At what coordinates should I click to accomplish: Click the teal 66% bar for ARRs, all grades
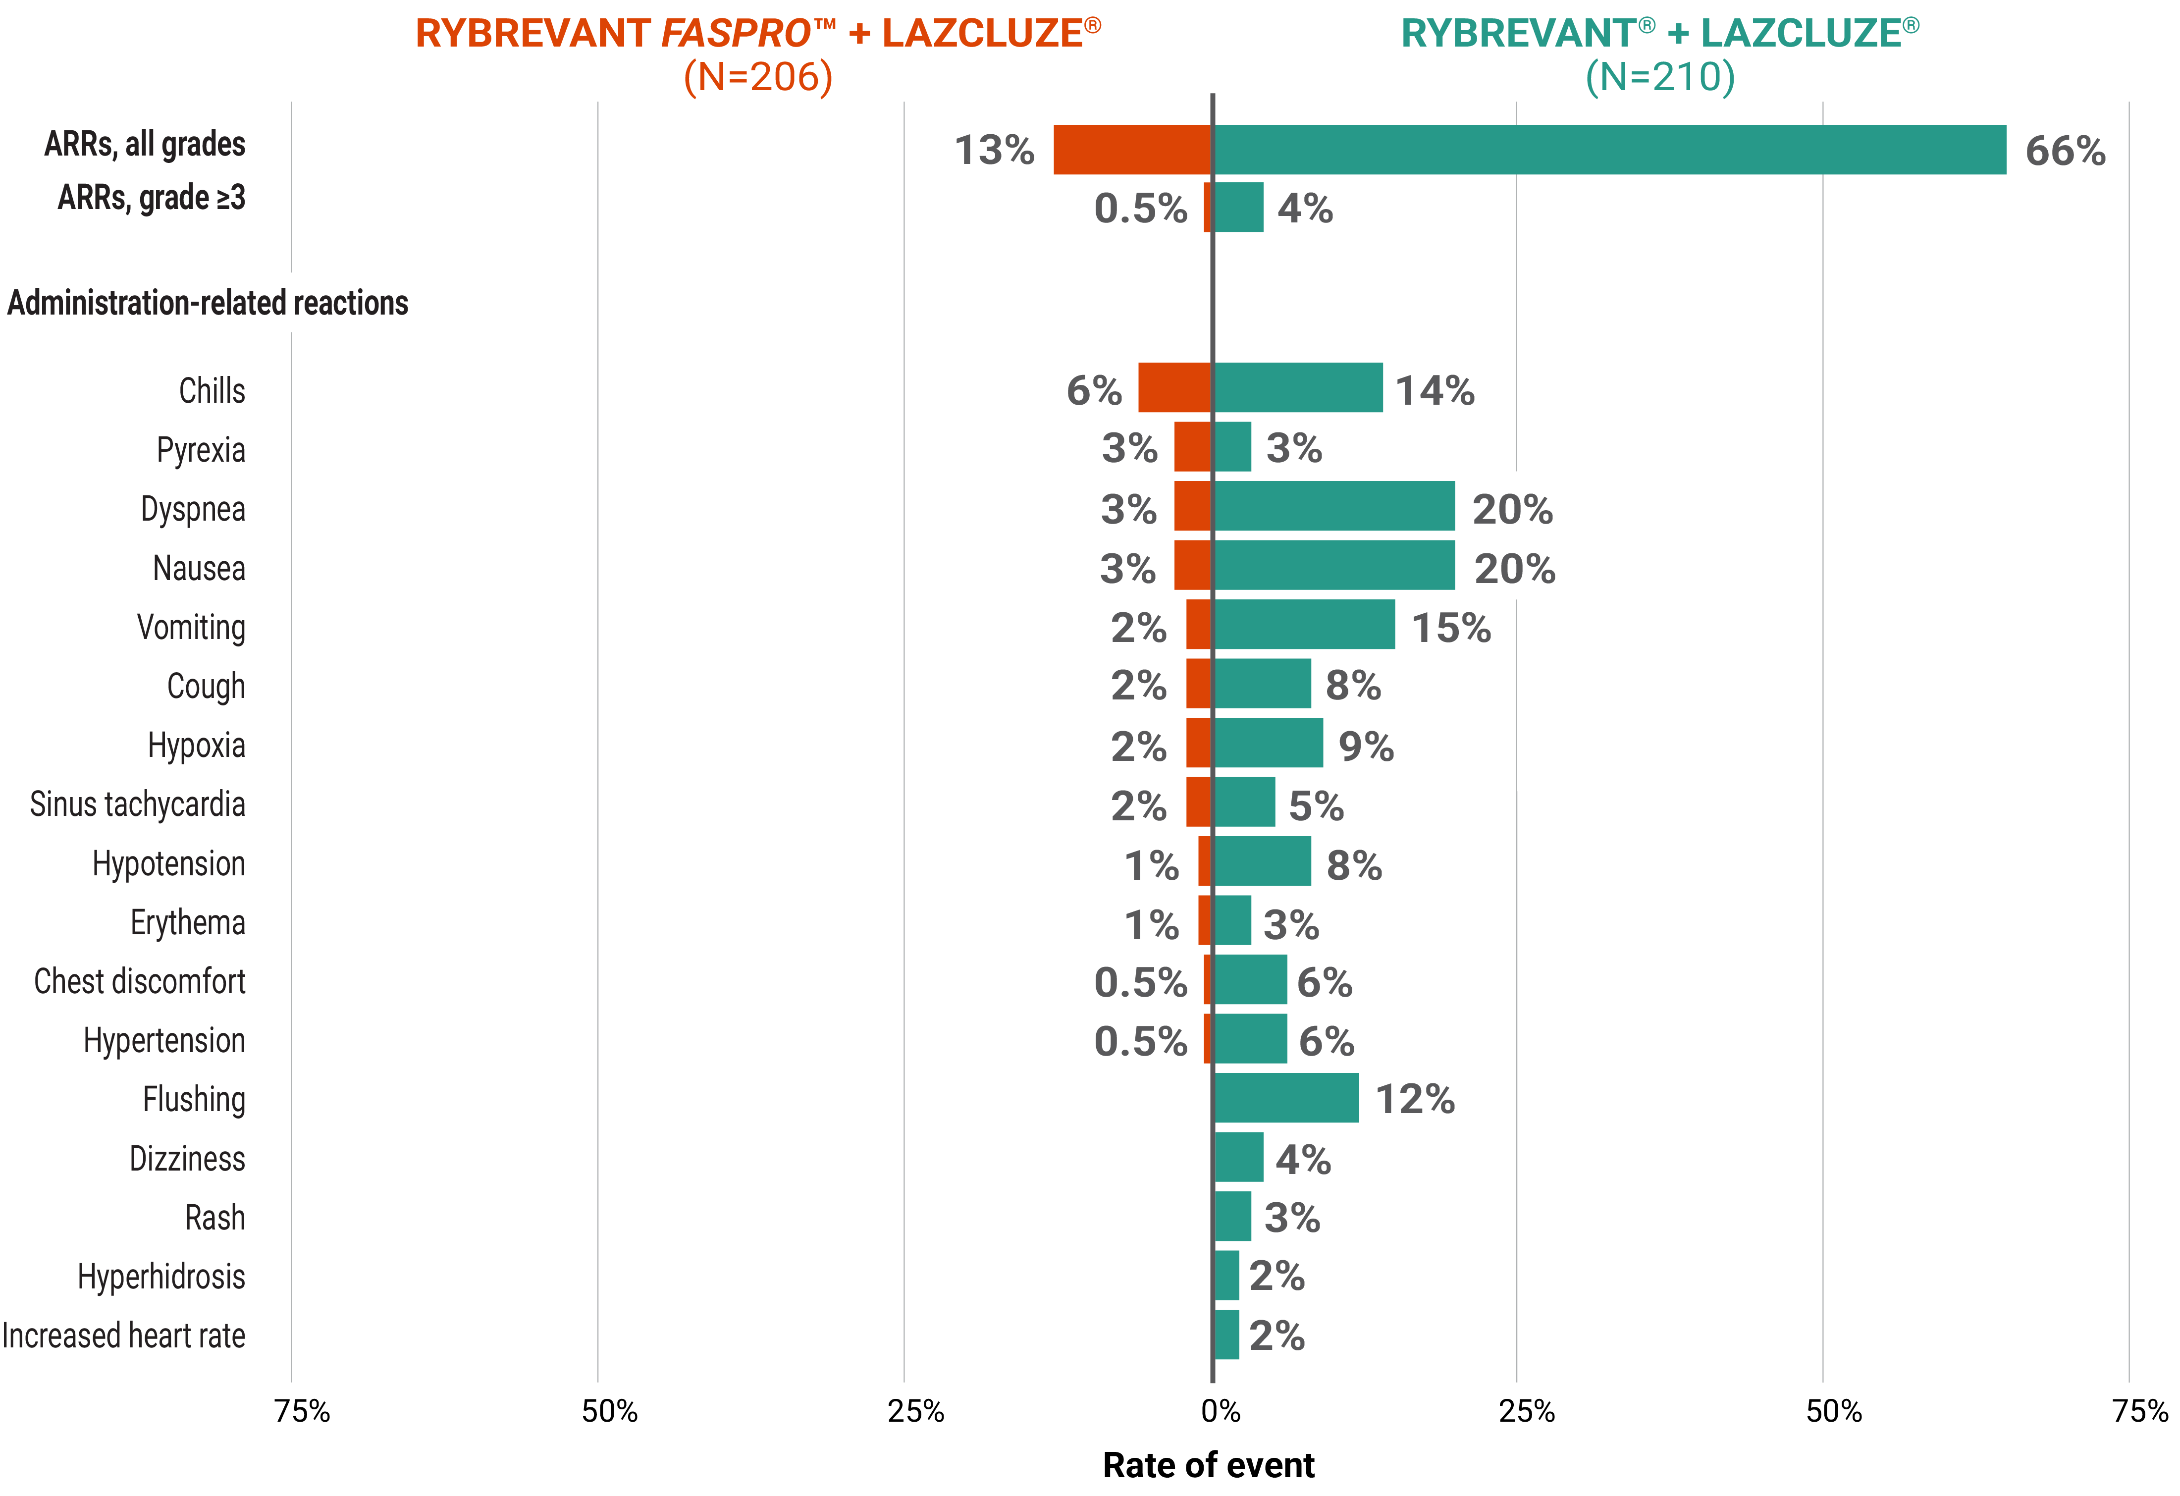click(1609, 150)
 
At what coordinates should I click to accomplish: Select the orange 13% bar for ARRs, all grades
click(1132, 150)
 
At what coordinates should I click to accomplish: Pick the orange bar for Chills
click(1174, 387)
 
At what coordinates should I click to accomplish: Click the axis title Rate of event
click(1208, 1465)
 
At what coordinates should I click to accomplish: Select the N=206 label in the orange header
click(758, 77)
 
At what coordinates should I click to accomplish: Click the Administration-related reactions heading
click(208, 303)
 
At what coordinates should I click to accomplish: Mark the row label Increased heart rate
click(124, 1335)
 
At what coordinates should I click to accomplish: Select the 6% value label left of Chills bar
click(1094, 390)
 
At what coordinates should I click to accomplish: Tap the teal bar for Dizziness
click(1238, 1157)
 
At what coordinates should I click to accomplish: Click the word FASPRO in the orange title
click(736, 34)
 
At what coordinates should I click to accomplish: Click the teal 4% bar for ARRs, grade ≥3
click(1238, 207)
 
